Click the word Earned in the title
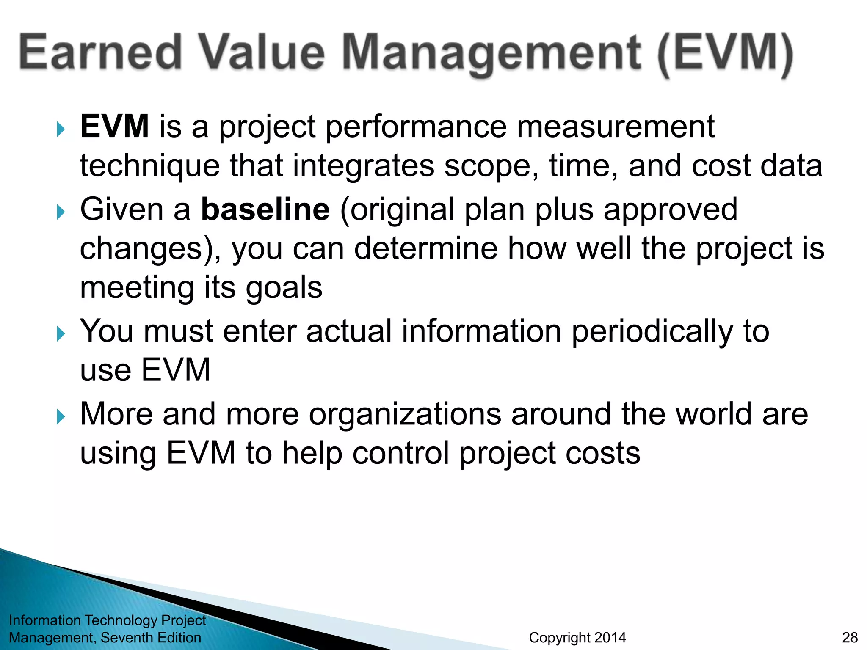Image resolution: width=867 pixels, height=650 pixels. (100, 52)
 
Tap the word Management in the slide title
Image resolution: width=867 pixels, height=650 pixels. (491, 53)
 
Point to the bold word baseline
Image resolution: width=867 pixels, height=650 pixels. (265, 209)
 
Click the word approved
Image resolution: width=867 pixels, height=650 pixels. (671, 210)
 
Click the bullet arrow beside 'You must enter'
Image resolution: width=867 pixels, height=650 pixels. (61, 334)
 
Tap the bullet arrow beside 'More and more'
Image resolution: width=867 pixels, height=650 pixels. (61, 417)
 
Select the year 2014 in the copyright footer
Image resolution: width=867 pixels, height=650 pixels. (609, 637)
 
